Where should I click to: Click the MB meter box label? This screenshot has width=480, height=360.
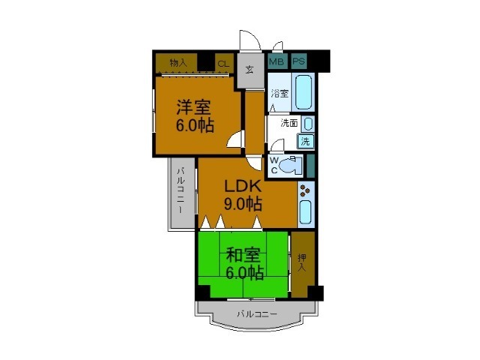tap(276, 61)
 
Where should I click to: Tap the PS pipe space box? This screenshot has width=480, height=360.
tap(299, 61)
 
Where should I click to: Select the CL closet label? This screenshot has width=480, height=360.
tap(223, 64)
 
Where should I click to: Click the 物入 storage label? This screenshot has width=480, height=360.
tap(178, 63)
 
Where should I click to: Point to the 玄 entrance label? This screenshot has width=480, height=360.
tap(250, 70)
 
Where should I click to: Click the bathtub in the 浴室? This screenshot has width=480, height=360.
tap(304, 92)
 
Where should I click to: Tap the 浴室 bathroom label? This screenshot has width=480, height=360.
tap(280, 93)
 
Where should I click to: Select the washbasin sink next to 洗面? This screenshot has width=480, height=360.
tap(308, 124)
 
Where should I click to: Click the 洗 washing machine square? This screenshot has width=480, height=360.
tap(305, 142)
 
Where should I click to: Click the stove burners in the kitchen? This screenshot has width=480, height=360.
tap(305, 190)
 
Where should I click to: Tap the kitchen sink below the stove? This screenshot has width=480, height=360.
tap(305, 212)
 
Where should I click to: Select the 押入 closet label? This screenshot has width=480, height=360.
tap(302, 262)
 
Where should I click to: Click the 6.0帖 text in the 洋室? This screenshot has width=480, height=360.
tap(195, 125)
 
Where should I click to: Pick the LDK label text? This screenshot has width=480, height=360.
tap(243, 186)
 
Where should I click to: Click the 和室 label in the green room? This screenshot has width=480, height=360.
tap(243, 255)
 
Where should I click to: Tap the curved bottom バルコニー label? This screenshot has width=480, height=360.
tap(257, 314)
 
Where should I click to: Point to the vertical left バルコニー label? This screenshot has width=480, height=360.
tap(181, 190)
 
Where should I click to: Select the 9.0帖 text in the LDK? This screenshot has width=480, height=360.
tap(243, 203)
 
